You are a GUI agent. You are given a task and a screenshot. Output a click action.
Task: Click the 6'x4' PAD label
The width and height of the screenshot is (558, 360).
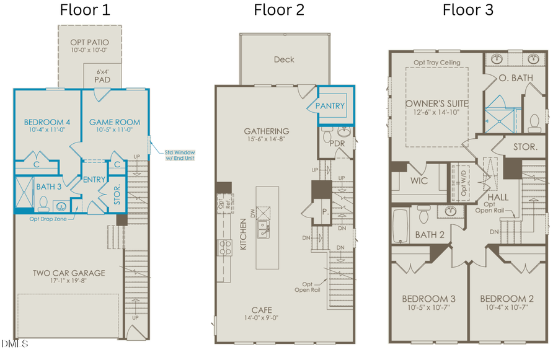(x=102, y=76)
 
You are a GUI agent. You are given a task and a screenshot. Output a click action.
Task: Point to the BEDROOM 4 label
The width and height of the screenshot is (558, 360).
(x=46, y=122)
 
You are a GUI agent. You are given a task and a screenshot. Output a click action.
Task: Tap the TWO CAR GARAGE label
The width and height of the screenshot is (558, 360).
(x=68, y=273)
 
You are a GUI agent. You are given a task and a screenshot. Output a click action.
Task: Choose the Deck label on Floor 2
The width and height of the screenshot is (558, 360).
(x=283, y=59)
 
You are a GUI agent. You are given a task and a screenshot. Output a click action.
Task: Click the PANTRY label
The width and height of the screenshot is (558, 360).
(x=330, y=106)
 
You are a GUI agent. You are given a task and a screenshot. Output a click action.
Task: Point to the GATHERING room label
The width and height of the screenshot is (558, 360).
(x=266, y=131)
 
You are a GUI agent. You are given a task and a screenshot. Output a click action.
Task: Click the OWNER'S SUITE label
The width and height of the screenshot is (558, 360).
(x=437, y=103)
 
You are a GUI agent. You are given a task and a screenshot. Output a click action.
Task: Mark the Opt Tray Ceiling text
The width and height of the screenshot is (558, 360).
(x=437, y=63)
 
